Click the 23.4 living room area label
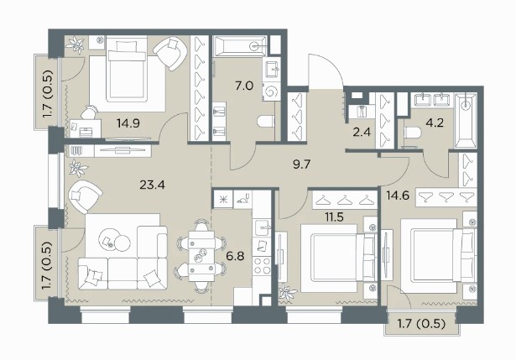[152, 185]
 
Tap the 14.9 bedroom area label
[128, 123]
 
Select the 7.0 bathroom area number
[244, 86]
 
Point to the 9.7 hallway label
[301, 164]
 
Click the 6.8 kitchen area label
[235, 255]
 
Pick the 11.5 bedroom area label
[334, 217]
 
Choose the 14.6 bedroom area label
[398, 196]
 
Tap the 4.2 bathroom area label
[435, 123]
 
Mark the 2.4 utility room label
[362, 132]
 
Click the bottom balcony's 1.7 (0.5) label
[421, 324]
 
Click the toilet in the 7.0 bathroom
[266, 121]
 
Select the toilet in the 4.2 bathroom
[412, 133]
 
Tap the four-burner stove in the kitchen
[262, 266]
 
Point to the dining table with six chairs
[201, 256]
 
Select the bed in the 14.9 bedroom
[128, 74]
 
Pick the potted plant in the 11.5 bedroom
[287, 293]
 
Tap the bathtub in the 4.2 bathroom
[466, 120]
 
